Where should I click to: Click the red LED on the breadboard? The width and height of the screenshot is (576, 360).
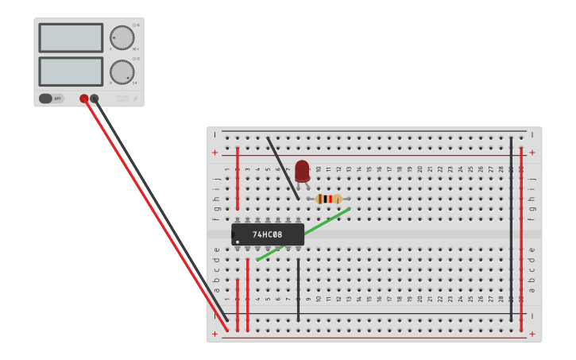pyautogui.click(x=302, y=170)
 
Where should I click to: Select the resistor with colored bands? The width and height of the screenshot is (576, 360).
pyautogui.click(x=328, y=199)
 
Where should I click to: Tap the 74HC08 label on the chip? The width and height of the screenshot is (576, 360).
pyautogui.click(x=267, y=234)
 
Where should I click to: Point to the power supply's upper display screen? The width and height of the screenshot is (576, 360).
pyautogui.click(x=71, y=37)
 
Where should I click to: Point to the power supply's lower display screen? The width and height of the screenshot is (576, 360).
pyautogui.click(x=71, y=72)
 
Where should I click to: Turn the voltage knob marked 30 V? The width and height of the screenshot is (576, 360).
pyautogui.click(x=122, y=37)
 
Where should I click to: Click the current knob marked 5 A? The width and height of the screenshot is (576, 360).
pyautogui.click(x=122, y=72)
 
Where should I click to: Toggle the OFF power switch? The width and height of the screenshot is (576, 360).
pyautogui.click(x=46, y=99)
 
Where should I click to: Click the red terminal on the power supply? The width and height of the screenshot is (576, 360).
pyautogui.click(x=84, y=99)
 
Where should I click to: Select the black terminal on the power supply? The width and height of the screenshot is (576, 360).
pyautogui.click(x=95, y=99)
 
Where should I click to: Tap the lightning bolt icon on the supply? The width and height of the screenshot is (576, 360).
pyautogui.click(x=135, y=99)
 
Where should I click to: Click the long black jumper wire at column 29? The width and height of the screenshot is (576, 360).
pyautogui.click(x=511, y=230)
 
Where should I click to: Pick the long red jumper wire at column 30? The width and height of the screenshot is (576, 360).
pyautogui.click(x=521, y=238)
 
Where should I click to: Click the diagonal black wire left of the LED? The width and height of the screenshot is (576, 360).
pyautogui.click(x=283, y=168)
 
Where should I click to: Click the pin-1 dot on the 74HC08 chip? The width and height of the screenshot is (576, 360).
pyautogui.click(x=238, y=242)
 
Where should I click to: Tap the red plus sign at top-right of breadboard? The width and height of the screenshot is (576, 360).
pyautogui.click(x=532, y=153)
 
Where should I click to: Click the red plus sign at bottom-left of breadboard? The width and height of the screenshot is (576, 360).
pyautogui.click(x=215, y=334)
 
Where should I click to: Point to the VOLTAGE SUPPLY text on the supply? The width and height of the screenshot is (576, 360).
pyautogui.click(x=122, y=98)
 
